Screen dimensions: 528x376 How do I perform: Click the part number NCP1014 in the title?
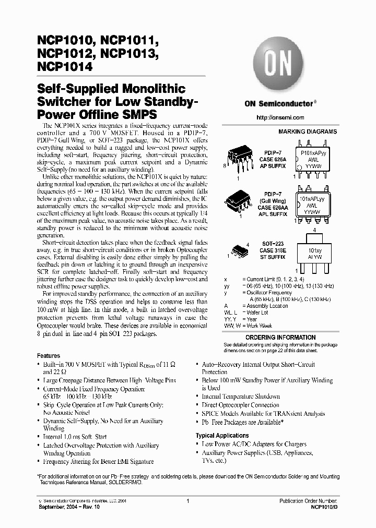pyautogui.click(x=66, y=67)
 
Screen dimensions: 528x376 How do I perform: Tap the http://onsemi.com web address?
pyautogui.click(x=281, y=117)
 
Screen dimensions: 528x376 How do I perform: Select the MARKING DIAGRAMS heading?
pyautogui.click(x=307, y=132)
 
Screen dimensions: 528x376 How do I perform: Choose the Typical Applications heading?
pyautogui.click(x=222, y=436)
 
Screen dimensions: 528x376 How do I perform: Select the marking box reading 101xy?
pyautogui.click(x=315, y=253)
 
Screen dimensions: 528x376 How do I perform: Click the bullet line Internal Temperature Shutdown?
pyautogui.click(x=241, y=397)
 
